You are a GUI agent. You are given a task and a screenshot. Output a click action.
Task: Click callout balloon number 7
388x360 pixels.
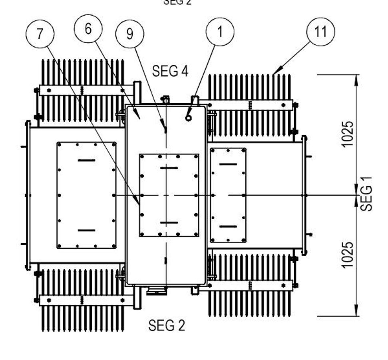pos(40,34)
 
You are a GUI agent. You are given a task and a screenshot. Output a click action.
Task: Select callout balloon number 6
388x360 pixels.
pos(88,29)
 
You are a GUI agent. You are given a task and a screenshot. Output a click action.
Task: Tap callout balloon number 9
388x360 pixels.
pos(130,34)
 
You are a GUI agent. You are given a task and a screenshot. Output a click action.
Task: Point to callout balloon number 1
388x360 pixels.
pos(220,32)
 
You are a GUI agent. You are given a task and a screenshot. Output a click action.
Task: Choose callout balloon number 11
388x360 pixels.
pos(320,32)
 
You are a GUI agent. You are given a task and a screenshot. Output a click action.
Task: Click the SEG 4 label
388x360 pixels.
pos(170,71)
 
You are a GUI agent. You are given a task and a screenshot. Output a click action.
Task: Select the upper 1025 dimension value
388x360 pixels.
pos(348,134)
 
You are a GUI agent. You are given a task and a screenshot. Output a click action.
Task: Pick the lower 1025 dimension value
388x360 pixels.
pos(348,255)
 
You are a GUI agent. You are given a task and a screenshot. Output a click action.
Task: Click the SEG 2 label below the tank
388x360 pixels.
pos(167,325)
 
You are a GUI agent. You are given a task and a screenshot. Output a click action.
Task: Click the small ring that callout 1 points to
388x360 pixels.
pos(188,118)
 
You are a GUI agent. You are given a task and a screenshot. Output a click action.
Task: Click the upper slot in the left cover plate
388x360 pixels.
pos(86,160)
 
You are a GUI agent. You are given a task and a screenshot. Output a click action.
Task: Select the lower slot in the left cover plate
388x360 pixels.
pos(86,230)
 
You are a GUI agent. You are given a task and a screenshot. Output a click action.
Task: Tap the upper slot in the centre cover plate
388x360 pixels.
pos(169,168)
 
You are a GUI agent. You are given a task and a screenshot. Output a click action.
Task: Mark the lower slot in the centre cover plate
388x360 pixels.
pos(169,222)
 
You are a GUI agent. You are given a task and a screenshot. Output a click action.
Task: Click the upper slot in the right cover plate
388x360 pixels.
pos(228,164)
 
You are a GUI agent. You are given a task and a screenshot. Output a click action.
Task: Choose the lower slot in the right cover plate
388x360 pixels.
pos(228,226)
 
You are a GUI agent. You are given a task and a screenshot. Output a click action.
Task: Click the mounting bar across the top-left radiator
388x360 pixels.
pos(82,90)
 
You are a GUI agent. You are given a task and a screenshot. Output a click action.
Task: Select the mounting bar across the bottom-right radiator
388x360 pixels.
pos(250,286)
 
